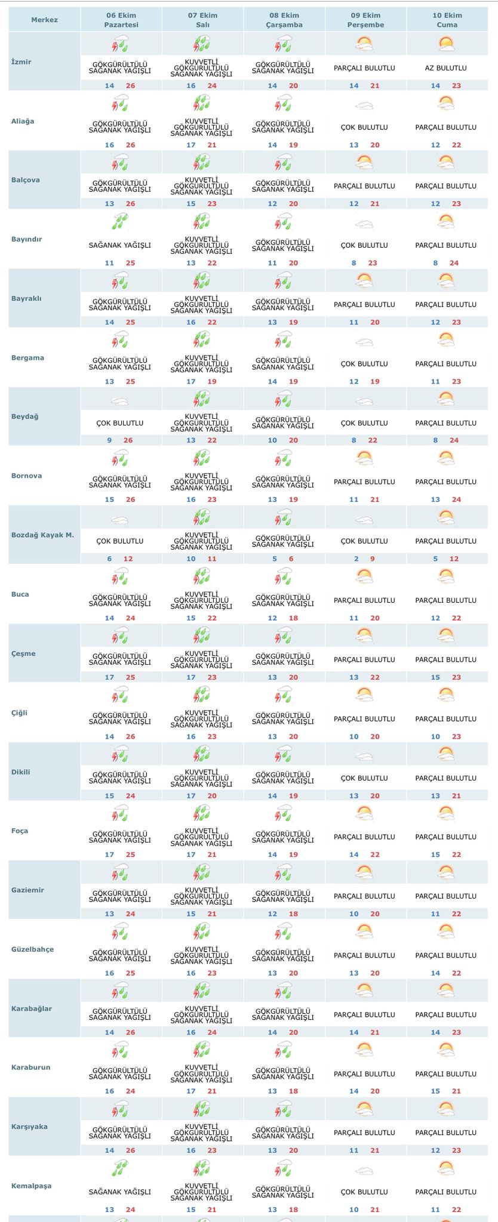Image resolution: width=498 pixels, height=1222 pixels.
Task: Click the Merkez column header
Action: tap(44, 20)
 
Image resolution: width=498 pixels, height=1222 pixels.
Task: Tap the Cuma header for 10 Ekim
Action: tap(447, 20)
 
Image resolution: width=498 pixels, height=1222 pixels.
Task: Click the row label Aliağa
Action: tap(23, 121)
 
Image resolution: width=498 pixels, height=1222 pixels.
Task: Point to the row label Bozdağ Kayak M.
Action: tap(42, 535)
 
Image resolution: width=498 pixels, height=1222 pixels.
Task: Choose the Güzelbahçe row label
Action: tap(32, 949)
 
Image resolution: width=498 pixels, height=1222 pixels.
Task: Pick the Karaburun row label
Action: tap(30, 1067)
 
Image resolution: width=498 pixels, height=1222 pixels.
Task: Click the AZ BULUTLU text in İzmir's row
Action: tap(445, 68)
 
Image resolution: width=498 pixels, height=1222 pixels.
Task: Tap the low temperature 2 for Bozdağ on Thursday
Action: tap(356, 559)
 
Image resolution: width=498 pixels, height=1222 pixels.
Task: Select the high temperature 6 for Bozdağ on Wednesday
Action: tap(291, 559)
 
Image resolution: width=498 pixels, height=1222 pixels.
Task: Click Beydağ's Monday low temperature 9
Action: tap(109, 440)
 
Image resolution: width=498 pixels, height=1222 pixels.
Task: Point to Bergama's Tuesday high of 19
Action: tap(212, 381)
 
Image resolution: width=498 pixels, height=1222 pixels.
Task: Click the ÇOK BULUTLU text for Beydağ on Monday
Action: tap(120, 423)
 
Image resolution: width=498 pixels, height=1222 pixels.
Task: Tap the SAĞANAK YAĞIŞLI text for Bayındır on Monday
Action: tap(120, 245)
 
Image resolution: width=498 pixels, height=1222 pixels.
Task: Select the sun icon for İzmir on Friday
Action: tap(445, 44)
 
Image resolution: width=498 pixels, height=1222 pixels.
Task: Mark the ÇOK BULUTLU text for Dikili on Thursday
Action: tap(364, 778)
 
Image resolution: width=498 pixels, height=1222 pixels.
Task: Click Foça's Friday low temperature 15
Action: tap(435, 854)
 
